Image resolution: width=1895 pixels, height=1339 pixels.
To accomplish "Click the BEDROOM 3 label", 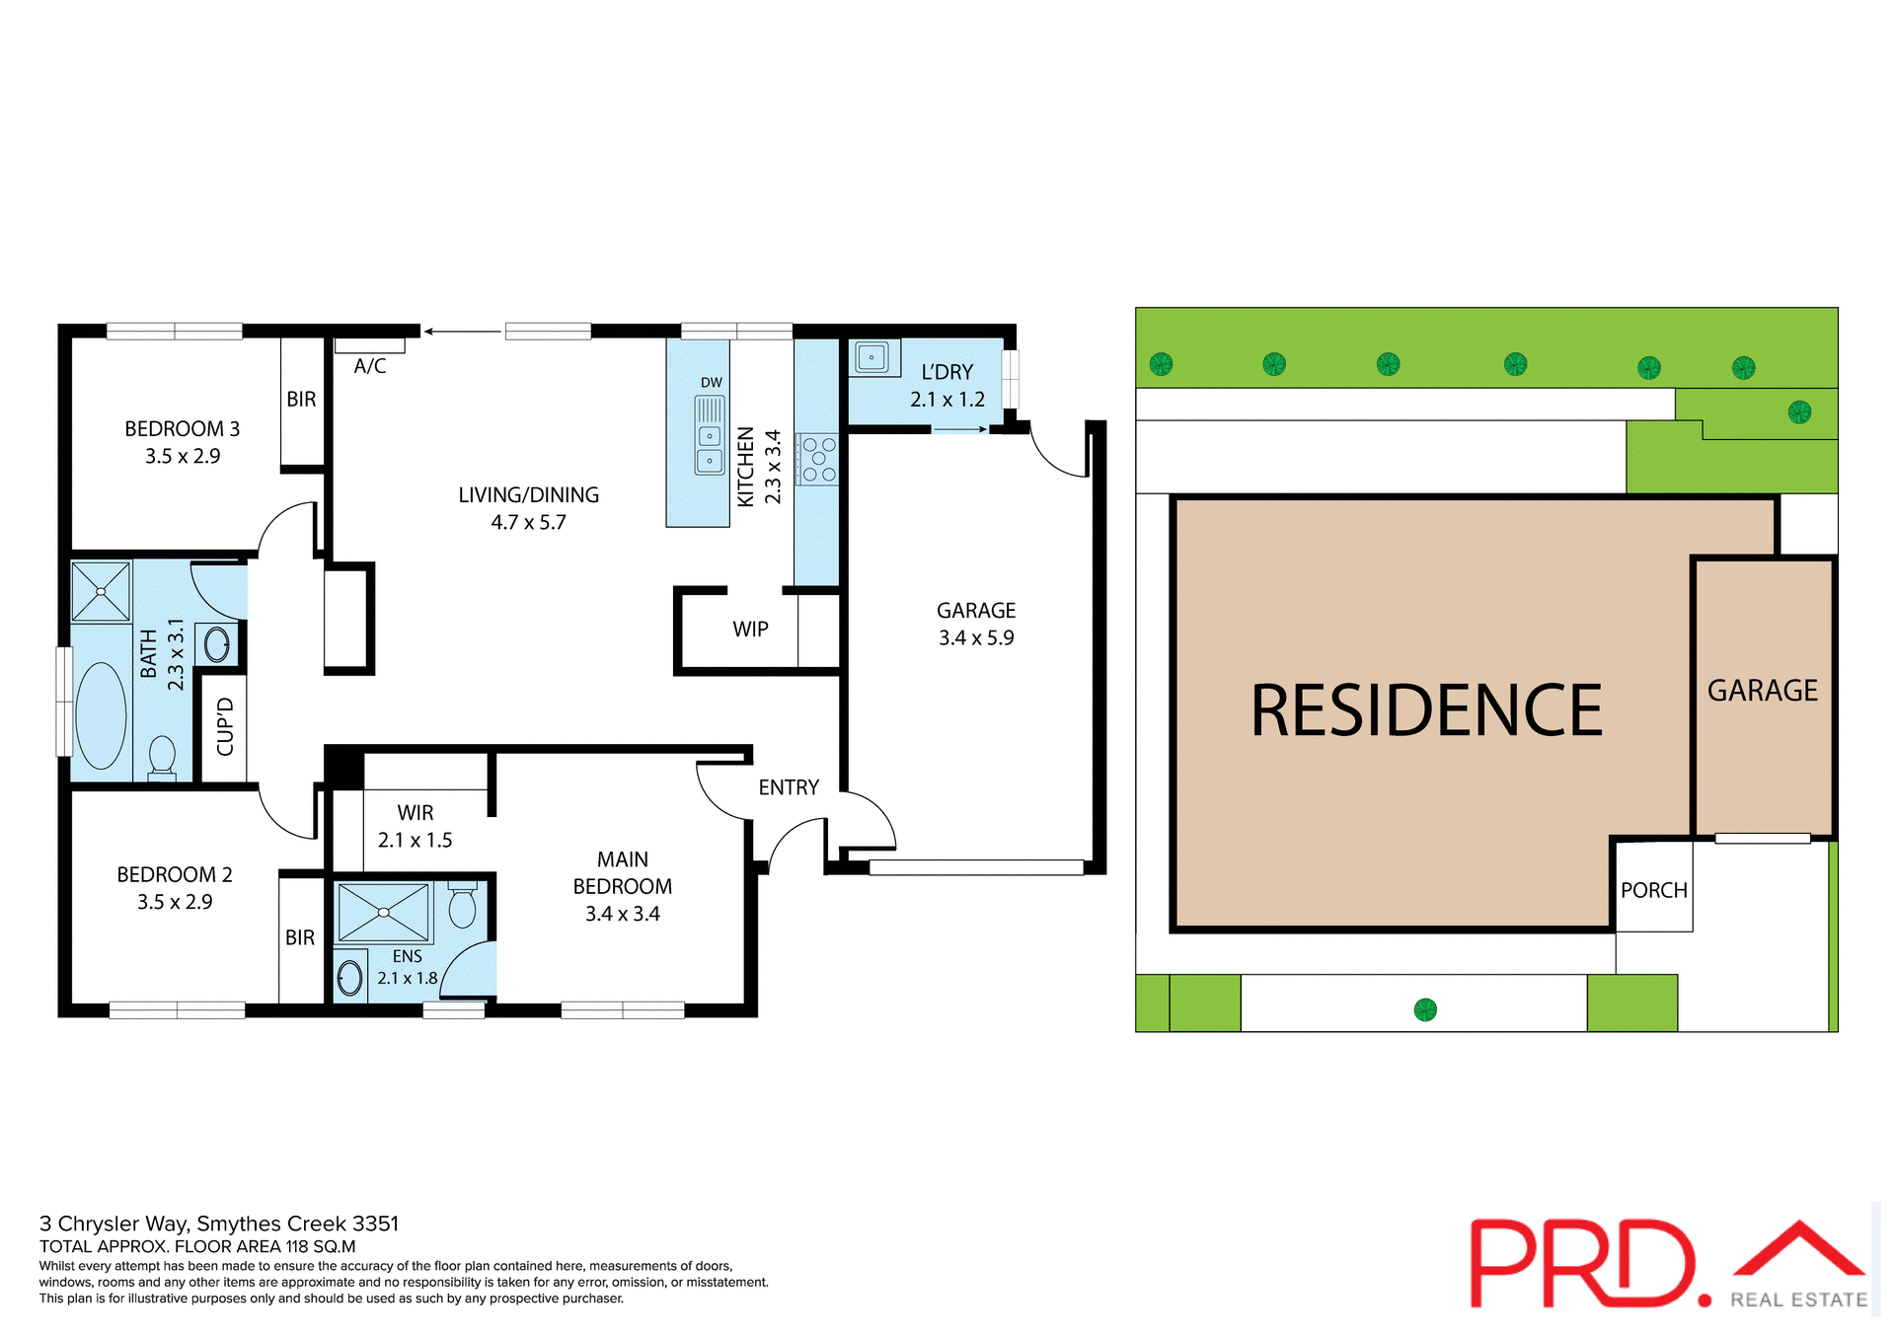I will (182, 429).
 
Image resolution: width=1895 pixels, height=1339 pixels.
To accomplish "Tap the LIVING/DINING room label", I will (528, 495).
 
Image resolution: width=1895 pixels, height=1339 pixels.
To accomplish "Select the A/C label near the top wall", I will (370, 366).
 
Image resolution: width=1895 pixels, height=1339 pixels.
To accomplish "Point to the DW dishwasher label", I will (711, 383).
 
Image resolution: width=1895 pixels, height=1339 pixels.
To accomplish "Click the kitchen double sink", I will (710, 448).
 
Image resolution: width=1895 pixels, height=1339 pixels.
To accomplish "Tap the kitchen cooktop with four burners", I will (818, 459).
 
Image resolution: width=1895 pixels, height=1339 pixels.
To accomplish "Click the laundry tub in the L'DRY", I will (872, 357).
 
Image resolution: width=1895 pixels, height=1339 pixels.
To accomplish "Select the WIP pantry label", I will (750, 630).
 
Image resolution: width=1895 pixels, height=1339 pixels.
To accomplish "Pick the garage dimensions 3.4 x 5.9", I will (976, 638).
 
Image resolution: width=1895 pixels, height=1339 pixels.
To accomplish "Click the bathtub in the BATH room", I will (101, 715).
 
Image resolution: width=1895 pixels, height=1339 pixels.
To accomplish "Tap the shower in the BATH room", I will (101, 591).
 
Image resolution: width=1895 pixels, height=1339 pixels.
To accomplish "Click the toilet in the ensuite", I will (462, 906).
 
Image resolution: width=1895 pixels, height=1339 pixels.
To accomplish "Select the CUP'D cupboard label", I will (225, 726).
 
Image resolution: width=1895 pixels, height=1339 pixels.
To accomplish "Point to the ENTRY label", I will (789, 787).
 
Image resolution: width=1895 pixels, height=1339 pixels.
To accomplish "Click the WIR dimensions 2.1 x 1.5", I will (415, 841).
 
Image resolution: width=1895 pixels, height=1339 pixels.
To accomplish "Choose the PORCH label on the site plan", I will (1653, 890).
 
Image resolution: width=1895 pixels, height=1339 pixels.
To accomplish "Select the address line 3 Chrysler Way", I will (219, 1224).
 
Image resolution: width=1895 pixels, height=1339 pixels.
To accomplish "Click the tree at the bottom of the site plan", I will (1425, 1009).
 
